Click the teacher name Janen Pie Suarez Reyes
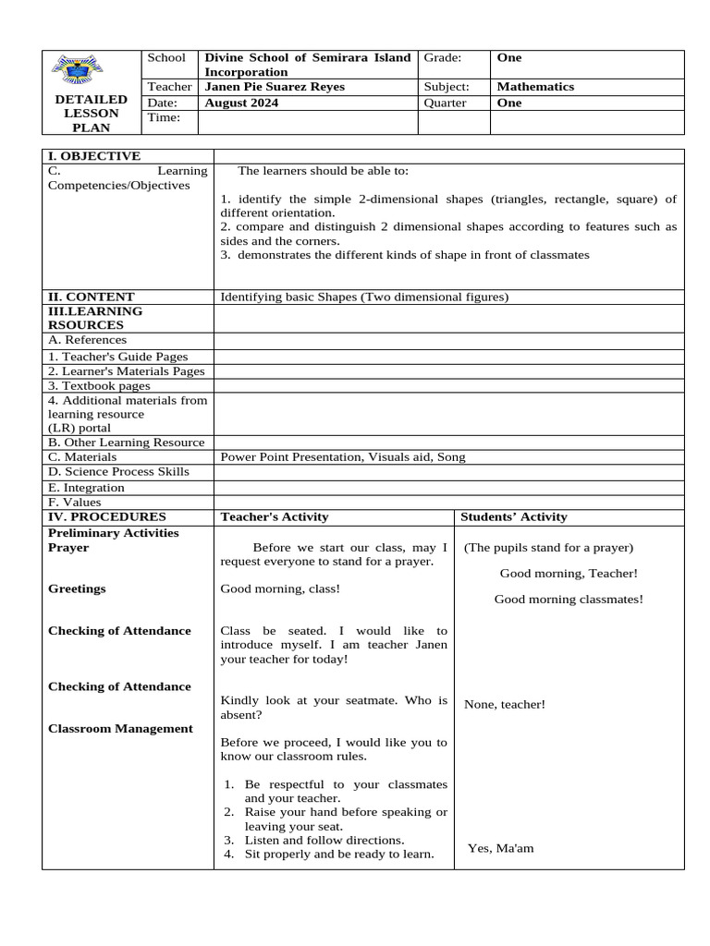point(275,87)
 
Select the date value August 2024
point(241,103)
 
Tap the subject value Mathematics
point(535,87)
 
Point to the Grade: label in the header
point(442,57)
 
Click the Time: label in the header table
point(162,118)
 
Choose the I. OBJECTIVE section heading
point(94,156)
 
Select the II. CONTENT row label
point(91,297)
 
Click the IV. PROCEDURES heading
point(107,516)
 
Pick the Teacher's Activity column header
point(274,516)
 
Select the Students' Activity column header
point(514,516)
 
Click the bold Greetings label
point(77,588)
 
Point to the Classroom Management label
point(120,728)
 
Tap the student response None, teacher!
point(505,704)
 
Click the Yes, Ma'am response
point(500,848)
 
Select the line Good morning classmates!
point(569,599)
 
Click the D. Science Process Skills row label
point(118,471)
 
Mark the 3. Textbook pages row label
point(99,385)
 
